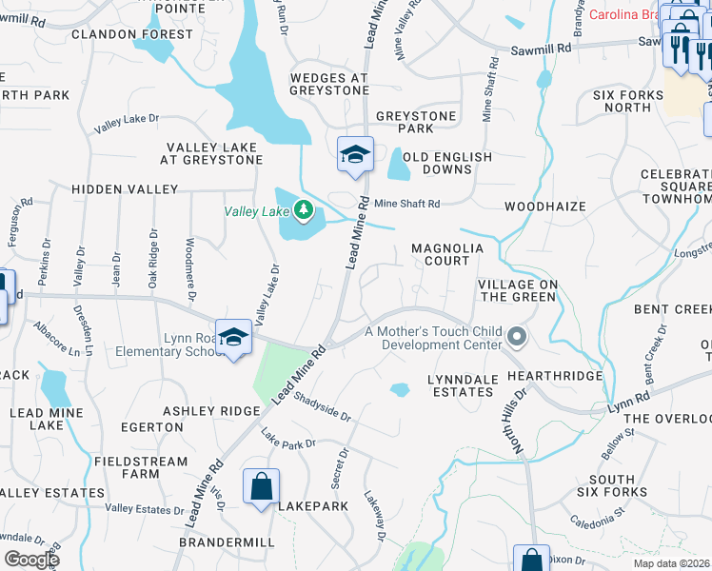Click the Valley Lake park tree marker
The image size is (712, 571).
point(304,209)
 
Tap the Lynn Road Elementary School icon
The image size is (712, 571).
point(233,338)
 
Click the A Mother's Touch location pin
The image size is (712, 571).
point(518,336)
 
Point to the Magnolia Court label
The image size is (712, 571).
point(447,248)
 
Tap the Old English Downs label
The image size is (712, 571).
point(447,163)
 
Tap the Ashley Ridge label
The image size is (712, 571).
point(211,410)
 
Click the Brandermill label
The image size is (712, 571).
point(230,541)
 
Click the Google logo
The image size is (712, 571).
point(31,560)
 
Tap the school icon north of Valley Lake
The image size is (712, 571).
point(355,155)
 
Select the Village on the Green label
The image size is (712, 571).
point(517,290)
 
